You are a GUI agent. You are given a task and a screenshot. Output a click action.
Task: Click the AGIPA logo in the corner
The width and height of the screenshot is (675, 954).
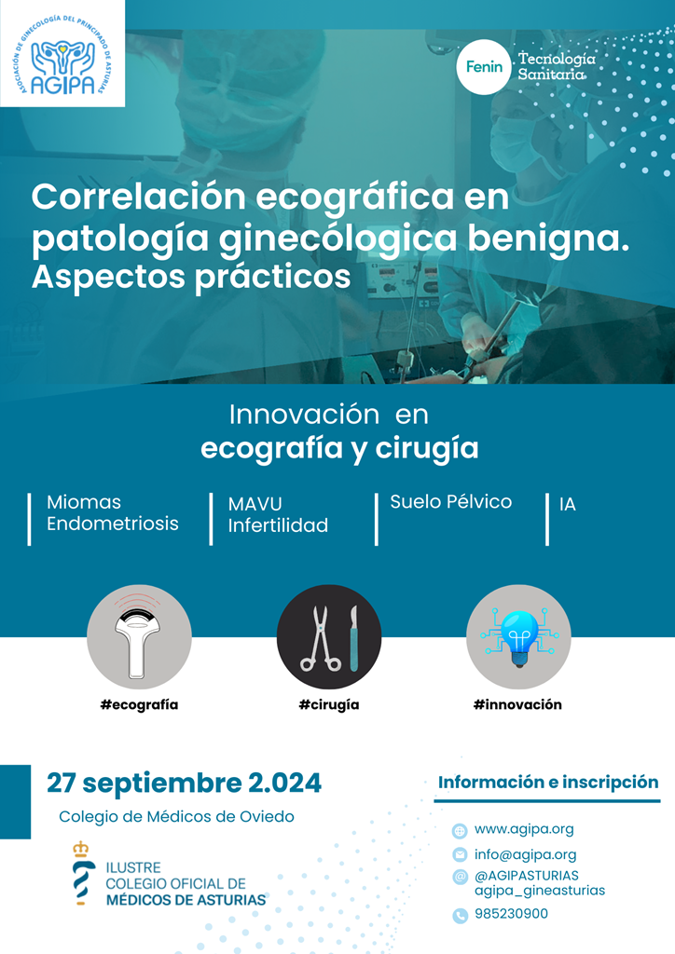62,53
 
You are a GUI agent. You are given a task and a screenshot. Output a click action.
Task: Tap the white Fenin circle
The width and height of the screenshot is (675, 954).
484,67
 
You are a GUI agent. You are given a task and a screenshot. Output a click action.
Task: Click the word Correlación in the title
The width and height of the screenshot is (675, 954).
139,197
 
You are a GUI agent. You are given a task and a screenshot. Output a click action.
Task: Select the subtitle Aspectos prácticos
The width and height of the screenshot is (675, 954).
191,277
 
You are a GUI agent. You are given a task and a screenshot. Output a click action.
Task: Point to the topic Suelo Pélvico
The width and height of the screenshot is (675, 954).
451,502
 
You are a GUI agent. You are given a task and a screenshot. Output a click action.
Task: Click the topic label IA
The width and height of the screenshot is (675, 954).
567,504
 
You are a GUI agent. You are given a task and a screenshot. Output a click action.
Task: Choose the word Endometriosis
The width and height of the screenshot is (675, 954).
113,524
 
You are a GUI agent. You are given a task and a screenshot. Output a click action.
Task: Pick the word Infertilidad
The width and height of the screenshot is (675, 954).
278,525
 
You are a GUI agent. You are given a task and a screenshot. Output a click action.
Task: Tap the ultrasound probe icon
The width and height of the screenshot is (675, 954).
140,637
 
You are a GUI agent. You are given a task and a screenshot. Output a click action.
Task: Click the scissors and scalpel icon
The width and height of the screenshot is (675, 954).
329,637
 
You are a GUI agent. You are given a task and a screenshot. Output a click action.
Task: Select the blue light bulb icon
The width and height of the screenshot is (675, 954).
518,637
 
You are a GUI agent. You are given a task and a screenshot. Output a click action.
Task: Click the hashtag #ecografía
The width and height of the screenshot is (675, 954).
140,704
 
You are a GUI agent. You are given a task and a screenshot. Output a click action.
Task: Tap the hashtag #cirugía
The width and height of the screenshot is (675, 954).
329,704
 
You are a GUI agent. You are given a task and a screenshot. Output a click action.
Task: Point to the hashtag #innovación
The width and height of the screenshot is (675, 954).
518,704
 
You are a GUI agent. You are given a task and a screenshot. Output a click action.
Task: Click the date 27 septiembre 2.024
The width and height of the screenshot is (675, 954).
184,783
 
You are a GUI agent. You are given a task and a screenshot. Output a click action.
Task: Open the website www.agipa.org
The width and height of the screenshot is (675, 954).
524,828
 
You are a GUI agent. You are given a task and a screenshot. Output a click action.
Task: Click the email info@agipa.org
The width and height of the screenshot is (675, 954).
525,854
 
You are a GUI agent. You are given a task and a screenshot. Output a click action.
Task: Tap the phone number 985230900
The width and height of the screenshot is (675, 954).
511,914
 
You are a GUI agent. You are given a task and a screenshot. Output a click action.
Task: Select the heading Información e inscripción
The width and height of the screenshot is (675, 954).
548,782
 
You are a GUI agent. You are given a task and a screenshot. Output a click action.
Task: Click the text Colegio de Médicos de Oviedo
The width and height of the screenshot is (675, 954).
176,816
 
